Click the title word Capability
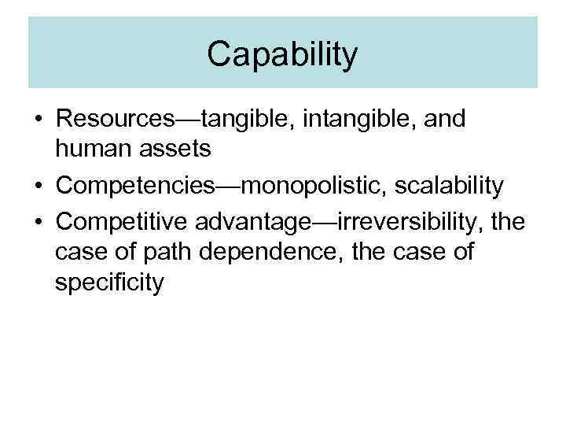282,54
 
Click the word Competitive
119,221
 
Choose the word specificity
109,283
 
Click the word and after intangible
445,119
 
